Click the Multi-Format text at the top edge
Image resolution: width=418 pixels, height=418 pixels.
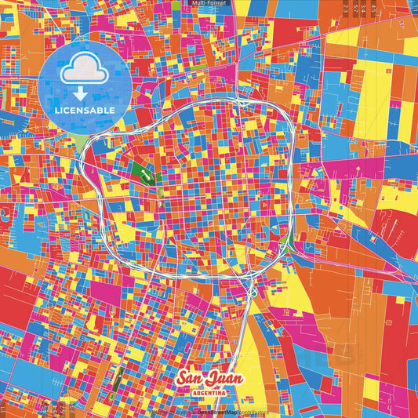[x=209, y=3]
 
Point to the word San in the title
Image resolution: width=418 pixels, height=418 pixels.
[x=193, y=376]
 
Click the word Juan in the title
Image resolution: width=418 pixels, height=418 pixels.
[x=226, y=377]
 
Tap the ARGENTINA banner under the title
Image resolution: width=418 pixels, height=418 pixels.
[x=209, y=391]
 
